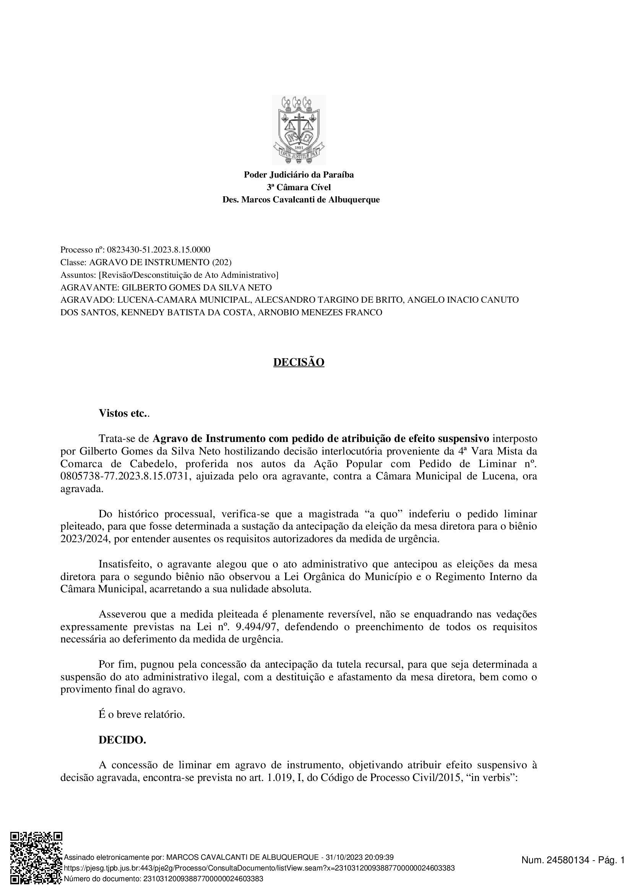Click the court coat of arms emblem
[299, 129]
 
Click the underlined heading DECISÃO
[299, 362]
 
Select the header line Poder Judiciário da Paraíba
[299, 174]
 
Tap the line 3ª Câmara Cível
[299, 187]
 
